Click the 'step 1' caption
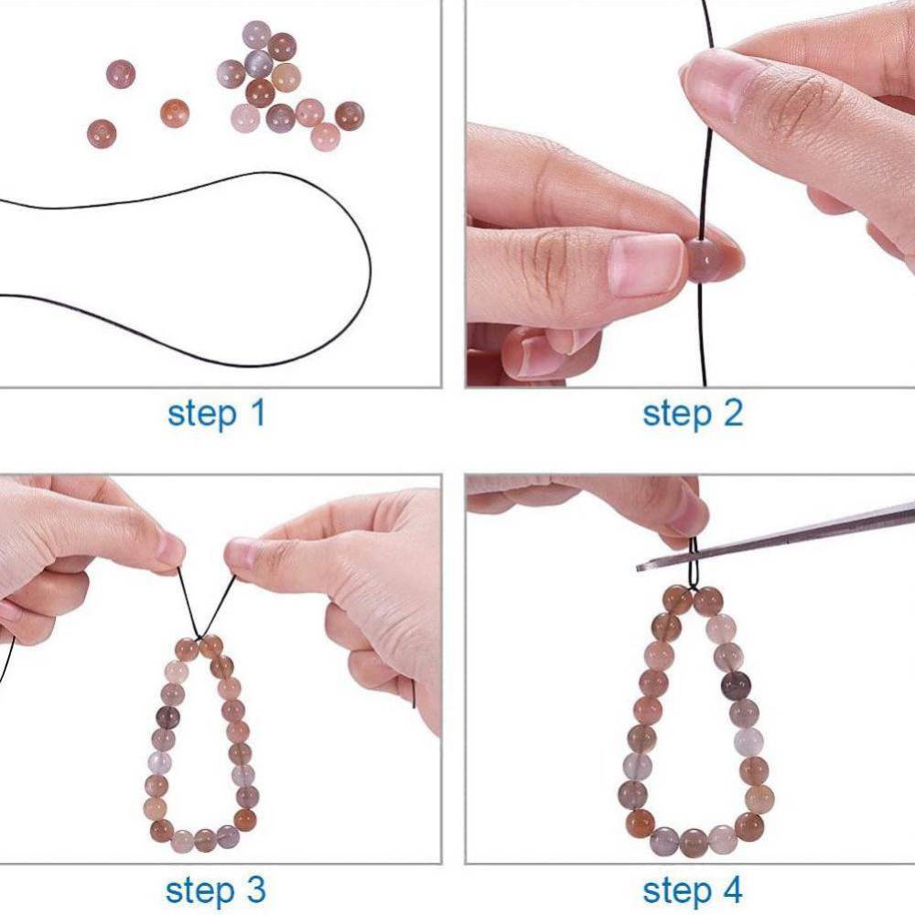click(216, 414)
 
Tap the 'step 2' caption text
click(693, 414)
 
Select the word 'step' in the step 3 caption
click(196, 889)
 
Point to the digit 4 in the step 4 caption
click(732, 889)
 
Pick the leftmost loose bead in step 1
click(102, 134)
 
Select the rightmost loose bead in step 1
click(349, 115)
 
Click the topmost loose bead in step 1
click(256, 35)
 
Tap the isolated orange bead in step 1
click(174, 113)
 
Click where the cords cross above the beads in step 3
click(202, 631)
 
